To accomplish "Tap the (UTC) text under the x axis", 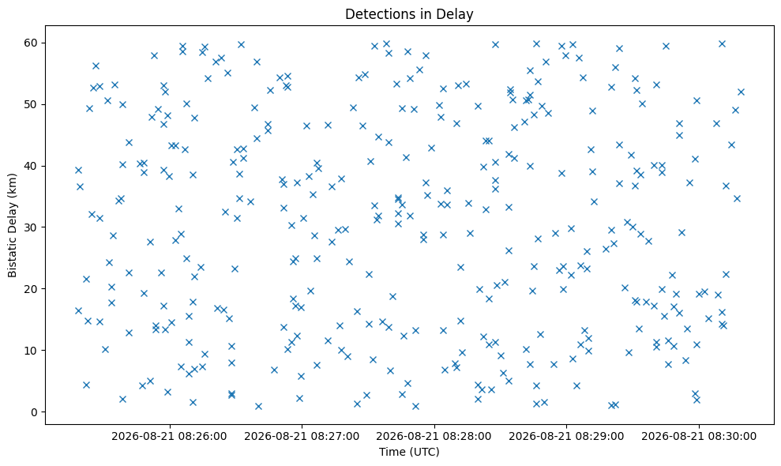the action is pyautogui.click(x=424, y=452).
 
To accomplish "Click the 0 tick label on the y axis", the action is pyautogui.click(x=35, y=412).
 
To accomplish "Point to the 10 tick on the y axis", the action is pyautogui.click(x=31, y=351).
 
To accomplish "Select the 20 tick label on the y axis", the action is pyautogui.click(x=31, y=289).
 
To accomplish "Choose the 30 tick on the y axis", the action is pyautogui.click(x=31, y=227).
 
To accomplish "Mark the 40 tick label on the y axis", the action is pyautogui.click(x=31, y=166).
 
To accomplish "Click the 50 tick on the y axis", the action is pyautogui.click(x=31, y=104).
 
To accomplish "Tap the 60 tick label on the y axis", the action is pyautogui.click(x=31, y=43).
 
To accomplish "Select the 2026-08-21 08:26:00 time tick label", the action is pyautogui.click(x=169, y=437).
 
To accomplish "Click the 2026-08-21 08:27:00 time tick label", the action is pyautogui.click(x=302, y=437).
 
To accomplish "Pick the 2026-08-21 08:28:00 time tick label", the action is pyautogui.click(x=434, y=437).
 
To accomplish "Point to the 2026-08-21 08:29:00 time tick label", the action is pyautogui.click(x=566, y=437).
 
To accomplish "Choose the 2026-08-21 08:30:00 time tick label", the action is pyautogui.click(x=699, y=437).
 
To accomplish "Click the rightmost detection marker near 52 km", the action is pyautogui.click(x=741, y=92).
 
